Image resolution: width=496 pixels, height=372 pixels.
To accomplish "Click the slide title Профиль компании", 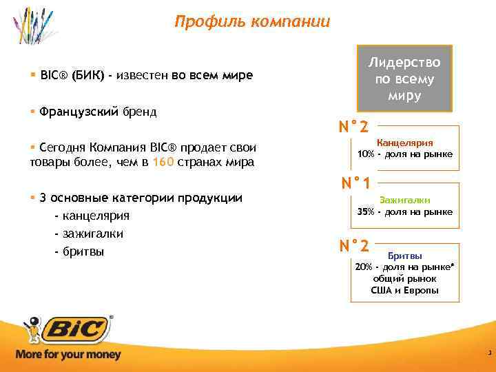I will [x=252, y=22].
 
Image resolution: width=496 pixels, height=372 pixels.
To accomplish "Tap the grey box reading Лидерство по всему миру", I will [x=404, y=79].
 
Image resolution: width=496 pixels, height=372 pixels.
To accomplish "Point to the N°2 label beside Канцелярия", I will [x=353, y=127].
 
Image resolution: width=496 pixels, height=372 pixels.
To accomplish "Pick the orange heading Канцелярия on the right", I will [x=404, y=143].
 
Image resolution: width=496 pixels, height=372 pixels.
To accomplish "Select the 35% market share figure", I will [x=366, y=211].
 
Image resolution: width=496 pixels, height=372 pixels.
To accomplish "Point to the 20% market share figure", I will [x=363, y=267].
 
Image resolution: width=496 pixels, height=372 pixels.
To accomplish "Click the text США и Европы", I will [x=404, y=291].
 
